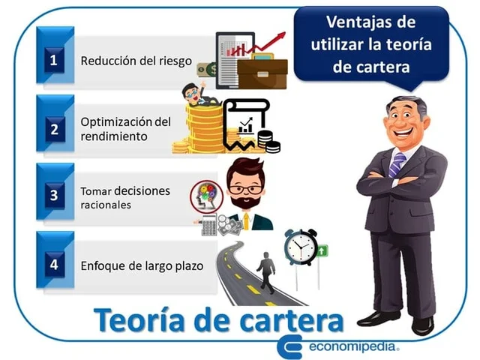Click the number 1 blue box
53,58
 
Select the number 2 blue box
53,128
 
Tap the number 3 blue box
53,196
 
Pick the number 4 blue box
53,265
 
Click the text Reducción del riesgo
136,60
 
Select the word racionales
106,204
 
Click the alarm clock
300,247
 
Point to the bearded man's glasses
246,188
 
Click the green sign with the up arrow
322,251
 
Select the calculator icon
208,225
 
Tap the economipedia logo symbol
289,346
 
